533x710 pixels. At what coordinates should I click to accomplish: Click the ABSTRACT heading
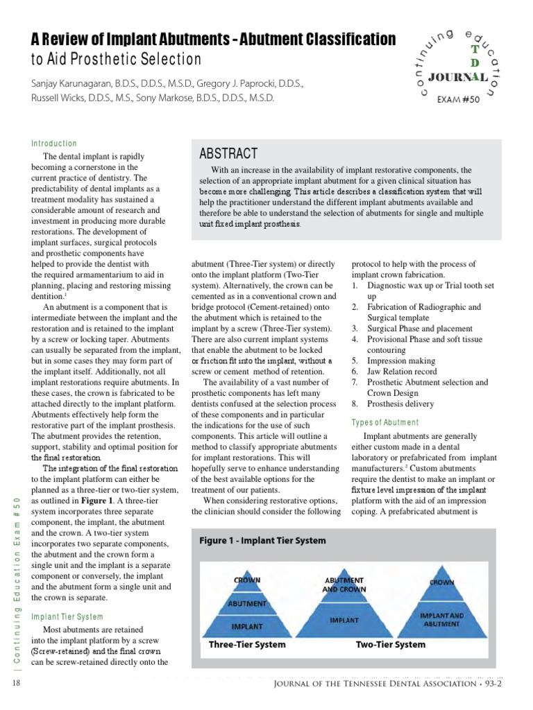(228, 154)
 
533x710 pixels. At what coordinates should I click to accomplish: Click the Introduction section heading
(54, 144)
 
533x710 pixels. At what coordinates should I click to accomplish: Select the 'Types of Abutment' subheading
(385, 422)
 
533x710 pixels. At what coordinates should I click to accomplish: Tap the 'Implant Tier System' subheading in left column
(67, 616)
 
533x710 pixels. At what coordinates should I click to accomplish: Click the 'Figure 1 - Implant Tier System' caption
(264, 541)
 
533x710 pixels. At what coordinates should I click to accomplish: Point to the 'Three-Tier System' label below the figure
(247, 644)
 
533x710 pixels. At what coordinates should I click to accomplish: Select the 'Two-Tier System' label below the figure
(391, 644)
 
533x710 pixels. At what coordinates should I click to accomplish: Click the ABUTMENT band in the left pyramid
(246, 603)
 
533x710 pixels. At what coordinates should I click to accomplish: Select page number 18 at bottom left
(17, 684)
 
